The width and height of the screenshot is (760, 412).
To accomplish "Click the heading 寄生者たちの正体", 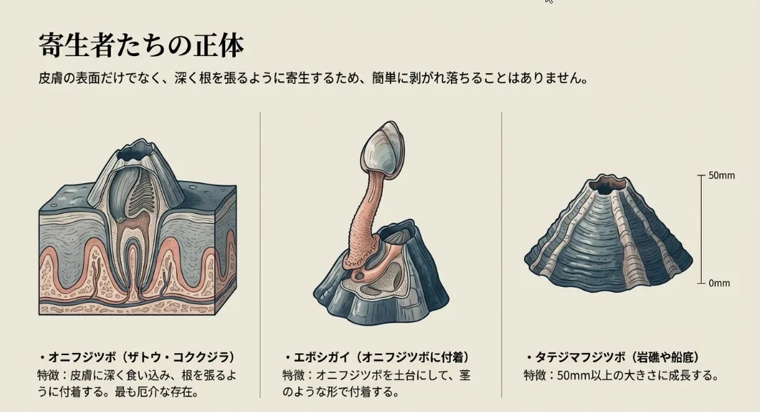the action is click(141, 45).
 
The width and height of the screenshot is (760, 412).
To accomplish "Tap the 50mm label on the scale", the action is click(721, 175).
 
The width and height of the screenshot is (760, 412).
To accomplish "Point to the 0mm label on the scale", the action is click(719, 283).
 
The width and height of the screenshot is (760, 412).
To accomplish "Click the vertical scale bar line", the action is click(701, 229).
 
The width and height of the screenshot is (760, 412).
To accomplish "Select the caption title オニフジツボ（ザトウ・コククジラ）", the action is click(137, 357).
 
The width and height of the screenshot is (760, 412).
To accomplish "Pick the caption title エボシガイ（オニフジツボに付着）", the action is click(377, 357).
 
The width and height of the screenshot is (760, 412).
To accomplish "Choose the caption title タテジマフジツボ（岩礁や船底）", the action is click(612, 358).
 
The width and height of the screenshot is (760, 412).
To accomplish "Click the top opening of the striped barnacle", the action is click(608, 184).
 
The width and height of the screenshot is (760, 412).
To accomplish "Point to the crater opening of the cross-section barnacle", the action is click(136, 153).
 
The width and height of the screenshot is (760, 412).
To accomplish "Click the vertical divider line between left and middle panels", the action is click(260, 255).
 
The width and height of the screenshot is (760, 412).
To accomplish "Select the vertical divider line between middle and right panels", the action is click(501, 255).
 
